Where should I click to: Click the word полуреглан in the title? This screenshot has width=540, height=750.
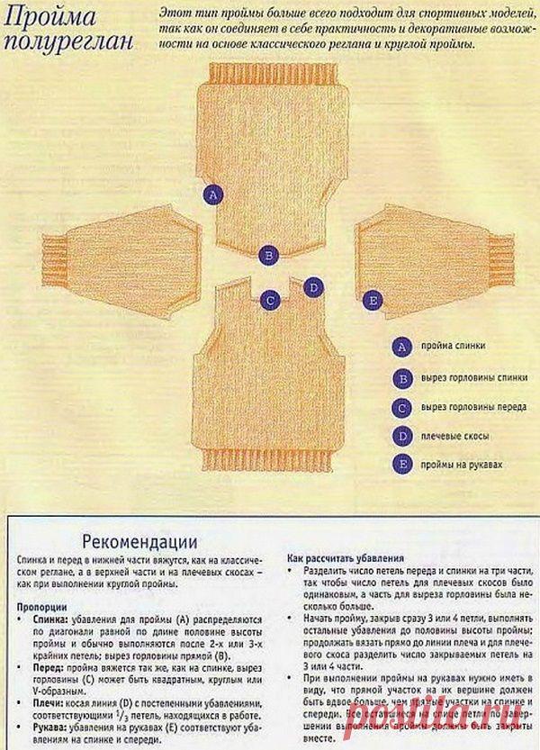pos(69,41)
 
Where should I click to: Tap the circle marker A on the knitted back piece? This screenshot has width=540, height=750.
pos(212,194)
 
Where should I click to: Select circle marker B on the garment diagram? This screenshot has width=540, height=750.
pos(267,255)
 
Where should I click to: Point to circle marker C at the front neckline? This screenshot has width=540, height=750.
pos(269,300)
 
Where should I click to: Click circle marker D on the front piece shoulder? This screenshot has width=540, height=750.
pos(312,287)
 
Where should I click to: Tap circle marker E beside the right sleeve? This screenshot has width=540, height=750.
pos(371,300)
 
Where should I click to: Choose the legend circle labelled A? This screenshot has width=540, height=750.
pos(402,347)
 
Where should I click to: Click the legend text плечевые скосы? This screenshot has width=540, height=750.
pos(455,437)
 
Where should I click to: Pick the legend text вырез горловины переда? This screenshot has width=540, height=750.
pos(473,407)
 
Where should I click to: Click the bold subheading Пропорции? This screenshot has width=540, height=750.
pos(41,607)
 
